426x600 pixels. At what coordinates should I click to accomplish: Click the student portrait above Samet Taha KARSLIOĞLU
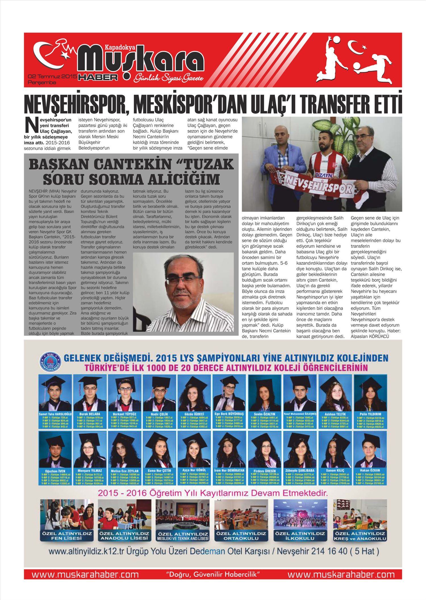(x=55, y=393)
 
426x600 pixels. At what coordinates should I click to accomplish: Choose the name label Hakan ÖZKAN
(x=369, y=470)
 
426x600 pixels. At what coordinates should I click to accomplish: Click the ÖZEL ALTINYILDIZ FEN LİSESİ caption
(x=67, y=536)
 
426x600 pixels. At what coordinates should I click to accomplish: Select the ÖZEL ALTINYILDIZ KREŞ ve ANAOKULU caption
(x=360, y=536)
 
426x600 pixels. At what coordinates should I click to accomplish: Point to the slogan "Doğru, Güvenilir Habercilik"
(x=213, y=574)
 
